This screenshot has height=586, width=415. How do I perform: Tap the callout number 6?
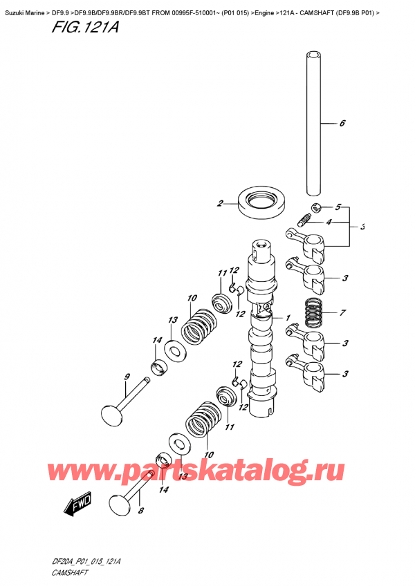(341, 124)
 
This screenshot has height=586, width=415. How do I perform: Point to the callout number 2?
(220, 203)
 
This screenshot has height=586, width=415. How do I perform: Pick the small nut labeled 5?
(315, 207)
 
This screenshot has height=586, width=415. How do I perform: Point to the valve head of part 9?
(111, 416)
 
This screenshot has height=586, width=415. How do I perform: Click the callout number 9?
(127, 377)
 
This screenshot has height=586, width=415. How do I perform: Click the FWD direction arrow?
(77, 506)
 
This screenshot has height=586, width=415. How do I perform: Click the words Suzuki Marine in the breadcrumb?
(24, 6)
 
